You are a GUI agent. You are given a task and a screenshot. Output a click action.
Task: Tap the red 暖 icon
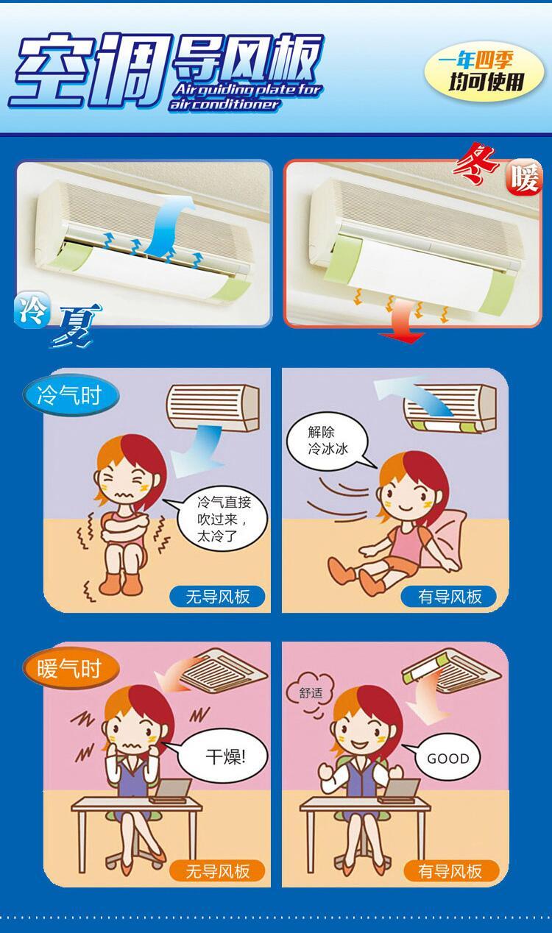[524, 178]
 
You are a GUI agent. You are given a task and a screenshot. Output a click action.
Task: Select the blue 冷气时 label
[68, 397]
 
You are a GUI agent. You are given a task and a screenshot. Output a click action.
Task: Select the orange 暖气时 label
[68, 668]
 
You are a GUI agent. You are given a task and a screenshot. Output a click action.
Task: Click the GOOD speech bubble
[447, 758]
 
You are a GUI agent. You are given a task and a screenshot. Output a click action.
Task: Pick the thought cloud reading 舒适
[310, 692]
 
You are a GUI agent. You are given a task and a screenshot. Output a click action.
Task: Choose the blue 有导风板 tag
[450, 597]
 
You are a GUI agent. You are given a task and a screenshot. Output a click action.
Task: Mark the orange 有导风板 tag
[450, 871]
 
